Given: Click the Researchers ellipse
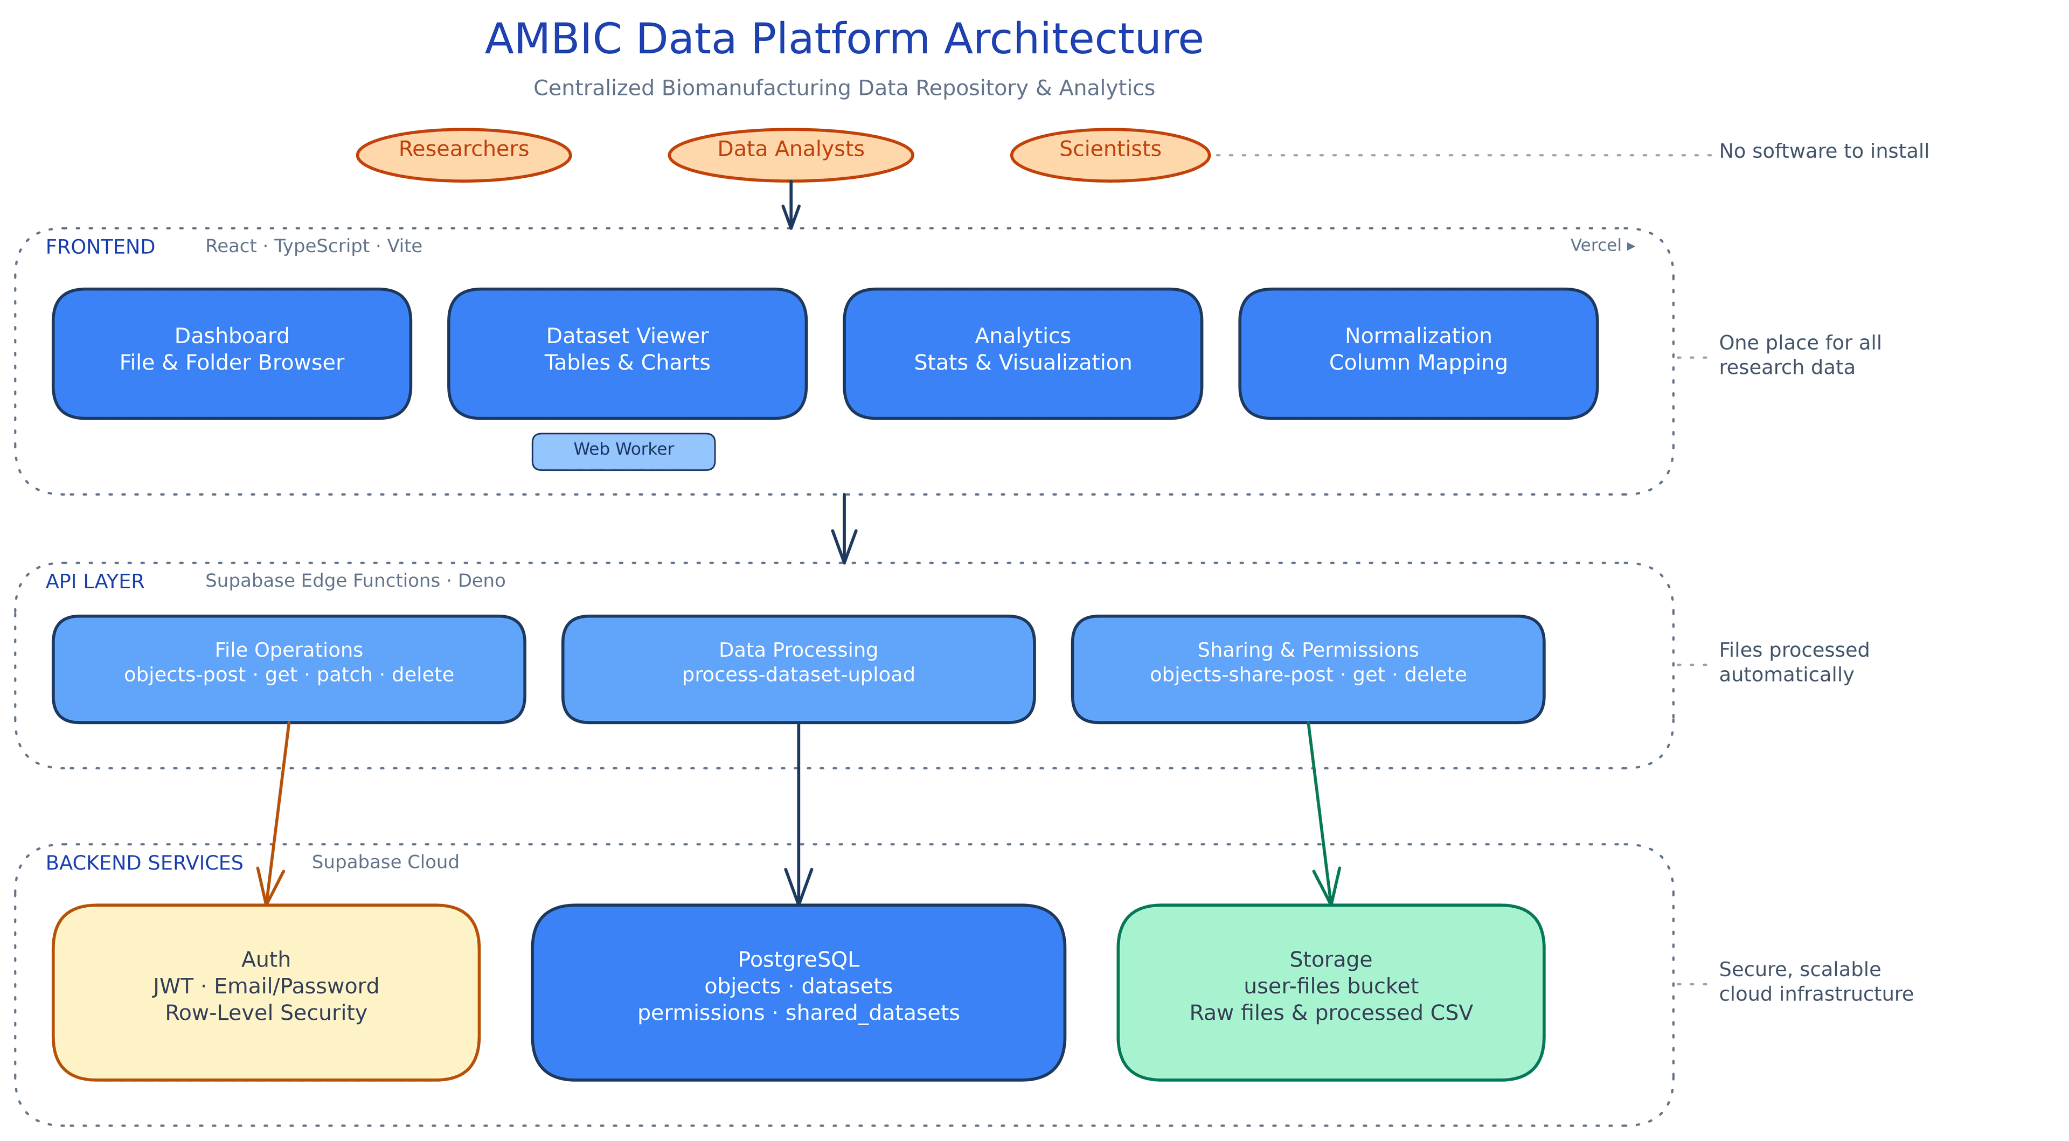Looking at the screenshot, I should (x=463, y=155).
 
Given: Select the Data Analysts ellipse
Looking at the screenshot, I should (x=790, y=155).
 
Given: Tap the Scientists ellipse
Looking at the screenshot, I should (x=1109, y=155).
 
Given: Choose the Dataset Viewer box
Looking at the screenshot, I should (x=627, y=353).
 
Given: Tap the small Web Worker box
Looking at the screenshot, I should (x=623, y=451).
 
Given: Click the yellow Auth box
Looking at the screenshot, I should (x=266, y=992).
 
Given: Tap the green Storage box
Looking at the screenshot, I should (x=1330, y=992).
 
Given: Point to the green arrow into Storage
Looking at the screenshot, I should (x=1319, y=811).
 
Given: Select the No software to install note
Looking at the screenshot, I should (x=1823, y=151).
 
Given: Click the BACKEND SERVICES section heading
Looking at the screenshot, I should (x=144, y=862).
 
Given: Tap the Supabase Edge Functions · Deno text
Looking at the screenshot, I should (x=355, y=581).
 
